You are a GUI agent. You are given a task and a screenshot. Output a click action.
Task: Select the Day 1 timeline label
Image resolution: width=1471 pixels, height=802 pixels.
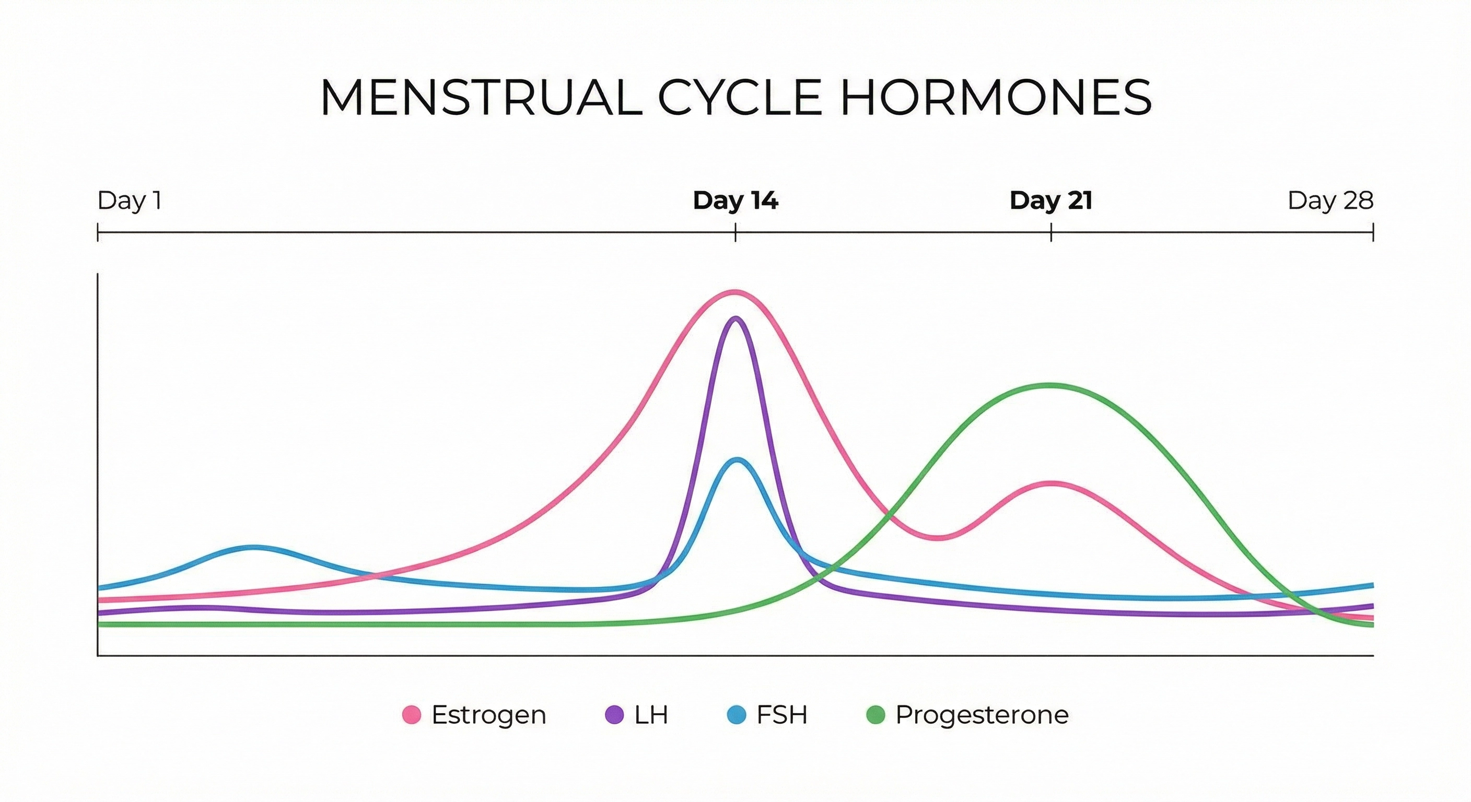tap(130, 201)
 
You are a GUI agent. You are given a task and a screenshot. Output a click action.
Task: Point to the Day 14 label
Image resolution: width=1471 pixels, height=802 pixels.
tap(735, 201)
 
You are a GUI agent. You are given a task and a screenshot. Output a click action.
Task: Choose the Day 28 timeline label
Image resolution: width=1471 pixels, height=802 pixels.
tap(1330, 201)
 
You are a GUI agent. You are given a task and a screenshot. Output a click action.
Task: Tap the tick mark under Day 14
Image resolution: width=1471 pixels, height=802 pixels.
tap(735, 233)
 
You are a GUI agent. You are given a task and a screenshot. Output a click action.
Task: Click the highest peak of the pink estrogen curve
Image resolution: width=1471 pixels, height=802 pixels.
tap(735, 293)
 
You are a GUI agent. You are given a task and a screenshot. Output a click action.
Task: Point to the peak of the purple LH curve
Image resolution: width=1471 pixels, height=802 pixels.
tap(735, 320)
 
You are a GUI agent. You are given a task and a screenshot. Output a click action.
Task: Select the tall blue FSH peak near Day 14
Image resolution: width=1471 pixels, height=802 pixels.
tap(738, 460)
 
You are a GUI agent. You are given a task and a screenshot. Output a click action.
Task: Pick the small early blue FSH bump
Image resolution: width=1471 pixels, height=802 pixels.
tap(254, 548)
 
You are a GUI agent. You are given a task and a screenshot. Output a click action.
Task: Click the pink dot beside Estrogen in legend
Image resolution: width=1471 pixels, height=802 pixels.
tap(411, 715)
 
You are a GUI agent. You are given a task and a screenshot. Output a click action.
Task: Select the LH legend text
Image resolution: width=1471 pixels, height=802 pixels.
tap(651, 715)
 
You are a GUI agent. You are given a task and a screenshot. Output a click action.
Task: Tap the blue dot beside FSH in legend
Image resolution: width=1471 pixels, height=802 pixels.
tap(737, 715)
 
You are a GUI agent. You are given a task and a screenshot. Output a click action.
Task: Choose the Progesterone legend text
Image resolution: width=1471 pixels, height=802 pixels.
tap(982, 715)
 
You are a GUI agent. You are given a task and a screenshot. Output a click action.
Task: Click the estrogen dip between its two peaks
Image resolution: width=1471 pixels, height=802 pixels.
tap(937, 538)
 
